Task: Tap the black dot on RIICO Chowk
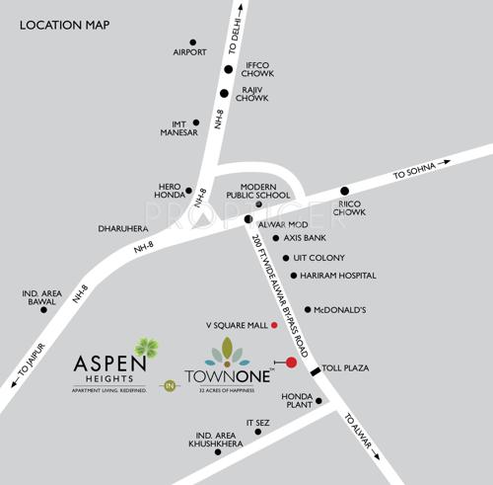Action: pos(344,191)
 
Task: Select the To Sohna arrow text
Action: pos(414,172)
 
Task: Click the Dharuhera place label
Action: pos(123,228)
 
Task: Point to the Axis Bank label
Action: pos(305,238)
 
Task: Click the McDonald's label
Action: pos(341,309)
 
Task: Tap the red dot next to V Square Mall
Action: pos(274,324)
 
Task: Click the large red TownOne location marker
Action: pos(291,362)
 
